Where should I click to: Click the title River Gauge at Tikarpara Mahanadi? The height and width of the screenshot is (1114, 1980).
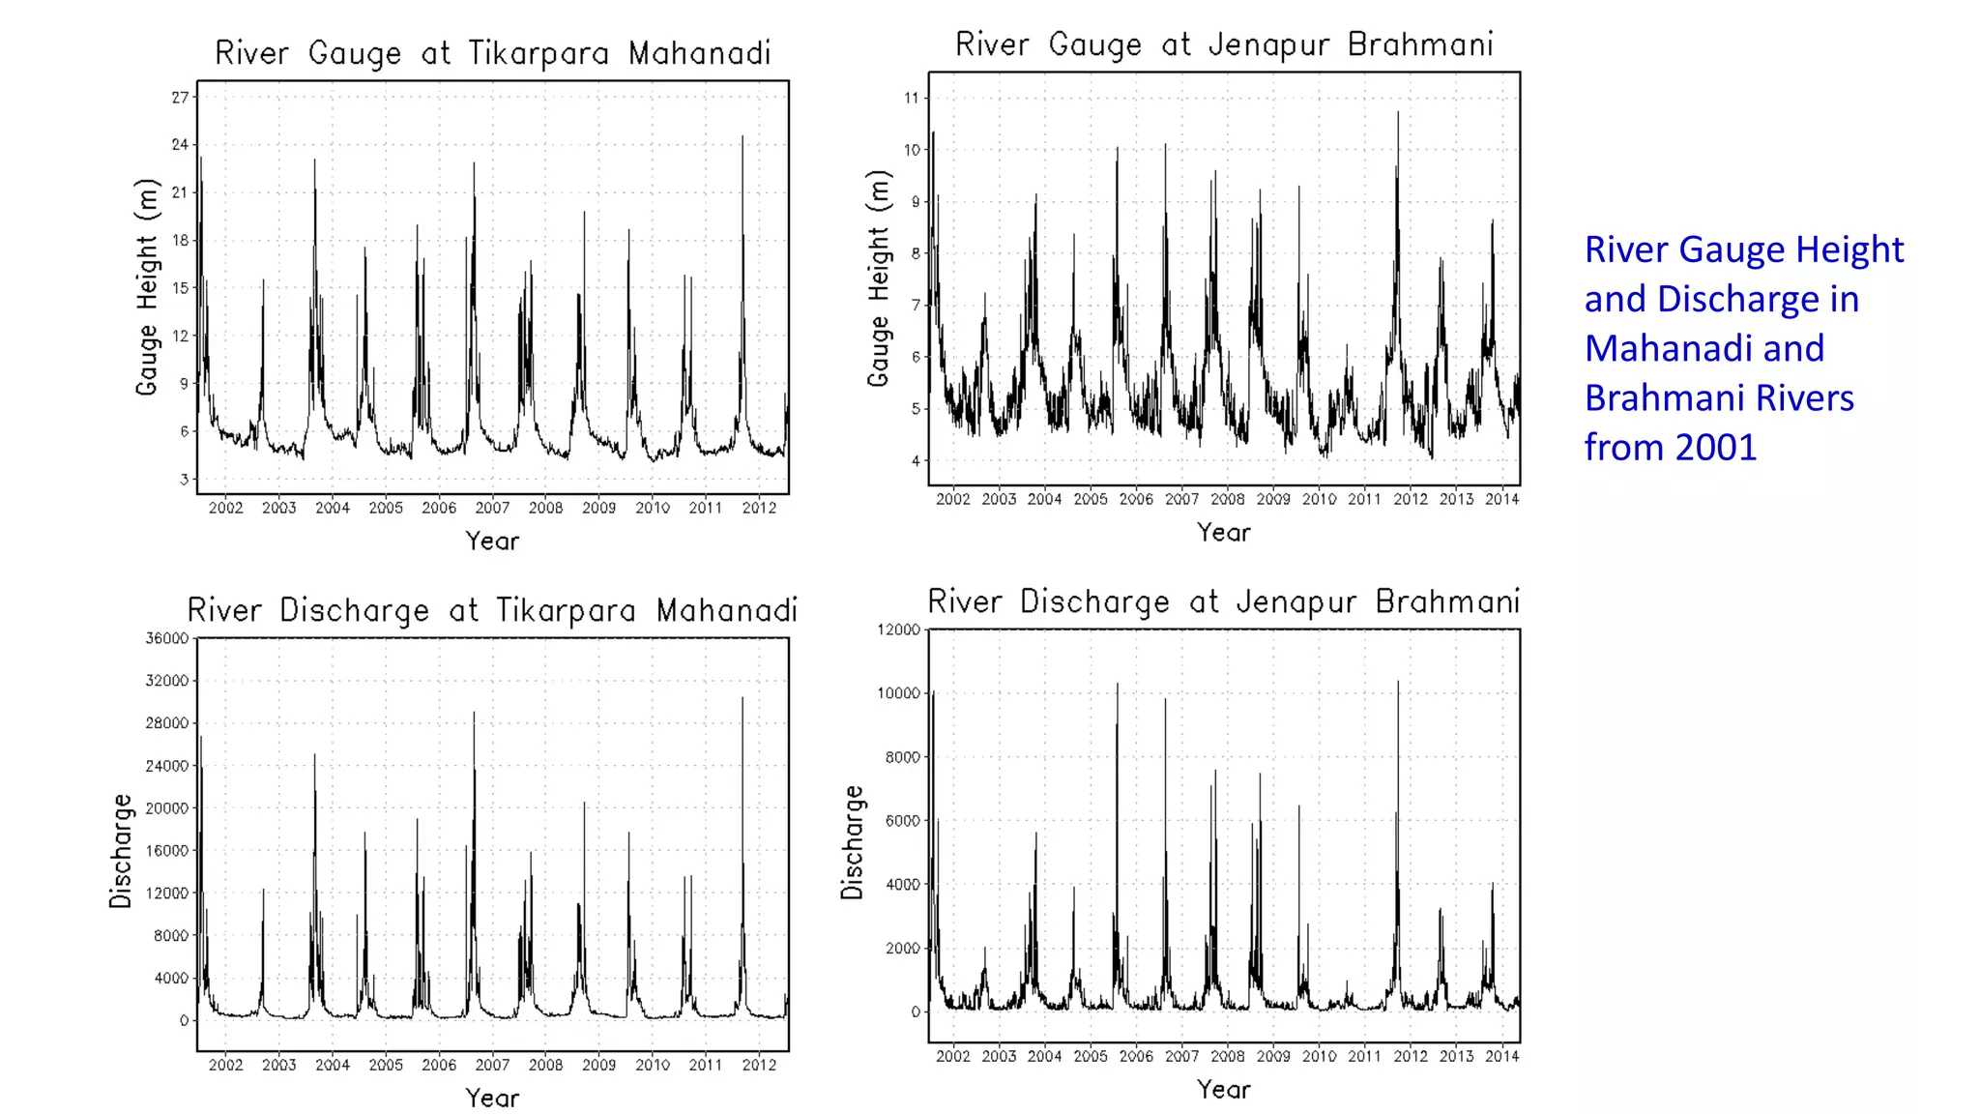492,52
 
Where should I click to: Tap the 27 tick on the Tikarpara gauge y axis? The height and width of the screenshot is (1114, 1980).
180,98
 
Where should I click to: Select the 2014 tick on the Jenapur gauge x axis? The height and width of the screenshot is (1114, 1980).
1501,499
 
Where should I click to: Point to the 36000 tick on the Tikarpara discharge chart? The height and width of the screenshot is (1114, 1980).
166,638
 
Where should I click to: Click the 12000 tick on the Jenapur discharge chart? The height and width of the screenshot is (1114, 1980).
898,630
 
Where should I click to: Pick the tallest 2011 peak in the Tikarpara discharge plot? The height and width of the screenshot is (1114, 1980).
742,699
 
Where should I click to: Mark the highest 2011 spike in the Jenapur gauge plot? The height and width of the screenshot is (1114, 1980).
1397,114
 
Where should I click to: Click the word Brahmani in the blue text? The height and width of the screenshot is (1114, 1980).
1718,398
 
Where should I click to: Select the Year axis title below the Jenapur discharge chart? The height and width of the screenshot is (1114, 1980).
1223,1090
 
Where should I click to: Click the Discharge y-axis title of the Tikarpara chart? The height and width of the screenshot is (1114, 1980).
120,850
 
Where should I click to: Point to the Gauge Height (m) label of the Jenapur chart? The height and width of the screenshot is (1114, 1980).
877,278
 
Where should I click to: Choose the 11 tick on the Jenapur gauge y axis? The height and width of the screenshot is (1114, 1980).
911,98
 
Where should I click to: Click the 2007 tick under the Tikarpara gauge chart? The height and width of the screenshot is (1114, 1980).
492,508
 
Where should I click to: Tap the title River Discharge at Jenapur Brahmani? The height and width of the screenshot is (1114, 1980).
1223,601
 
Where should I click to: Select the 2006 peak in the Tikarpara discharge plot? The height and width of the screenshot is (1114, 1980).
474,714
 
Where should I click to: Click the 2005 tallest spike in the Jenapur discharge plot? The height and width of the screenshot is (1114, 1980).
1118,685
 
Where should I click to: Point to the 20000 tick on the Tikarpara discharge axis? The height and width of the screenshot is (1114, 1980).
166,808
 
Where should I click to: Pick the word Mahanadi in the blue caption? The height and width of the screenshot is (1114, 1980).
1703,349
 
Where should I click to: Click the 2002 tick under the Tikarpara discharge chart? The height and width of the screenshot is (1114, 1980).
225,1065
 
